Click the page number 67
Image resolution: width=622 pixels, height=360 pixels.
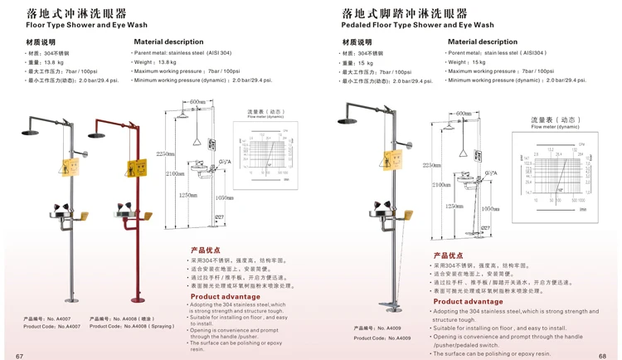[18, 353]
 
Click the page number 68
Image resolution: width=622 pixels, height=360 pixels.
[603, 353]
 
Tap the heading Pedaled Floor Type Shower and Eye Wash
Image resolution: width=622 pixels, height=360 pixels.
[417, 25]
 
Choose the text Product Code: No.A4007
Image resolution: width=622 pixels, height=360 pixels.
[51, 326]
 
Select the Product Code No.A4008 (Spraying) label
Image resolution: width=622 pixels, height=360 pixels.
[133, 326]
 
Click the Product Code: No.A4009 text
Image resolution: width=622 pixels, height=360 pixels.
[382, 338]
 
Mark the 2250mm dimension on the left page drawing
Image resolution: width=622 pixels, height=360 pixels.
[166, 153]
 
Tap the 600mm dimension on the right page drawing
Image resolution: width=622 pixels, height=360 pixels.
[464, 114]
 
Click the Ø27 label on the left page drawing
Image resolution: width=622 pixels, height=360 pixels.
[220, 216]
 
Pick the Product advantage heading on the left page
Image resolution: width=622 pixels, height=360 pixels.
[226, 296]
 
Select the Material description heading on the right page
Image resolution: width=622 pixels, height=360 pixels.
[483, 41]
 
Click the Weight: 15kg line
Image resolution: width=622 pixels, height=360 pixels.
[467, 62]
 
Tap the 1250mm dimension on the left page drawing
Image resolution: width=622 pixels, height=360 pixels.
[189, 197]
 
